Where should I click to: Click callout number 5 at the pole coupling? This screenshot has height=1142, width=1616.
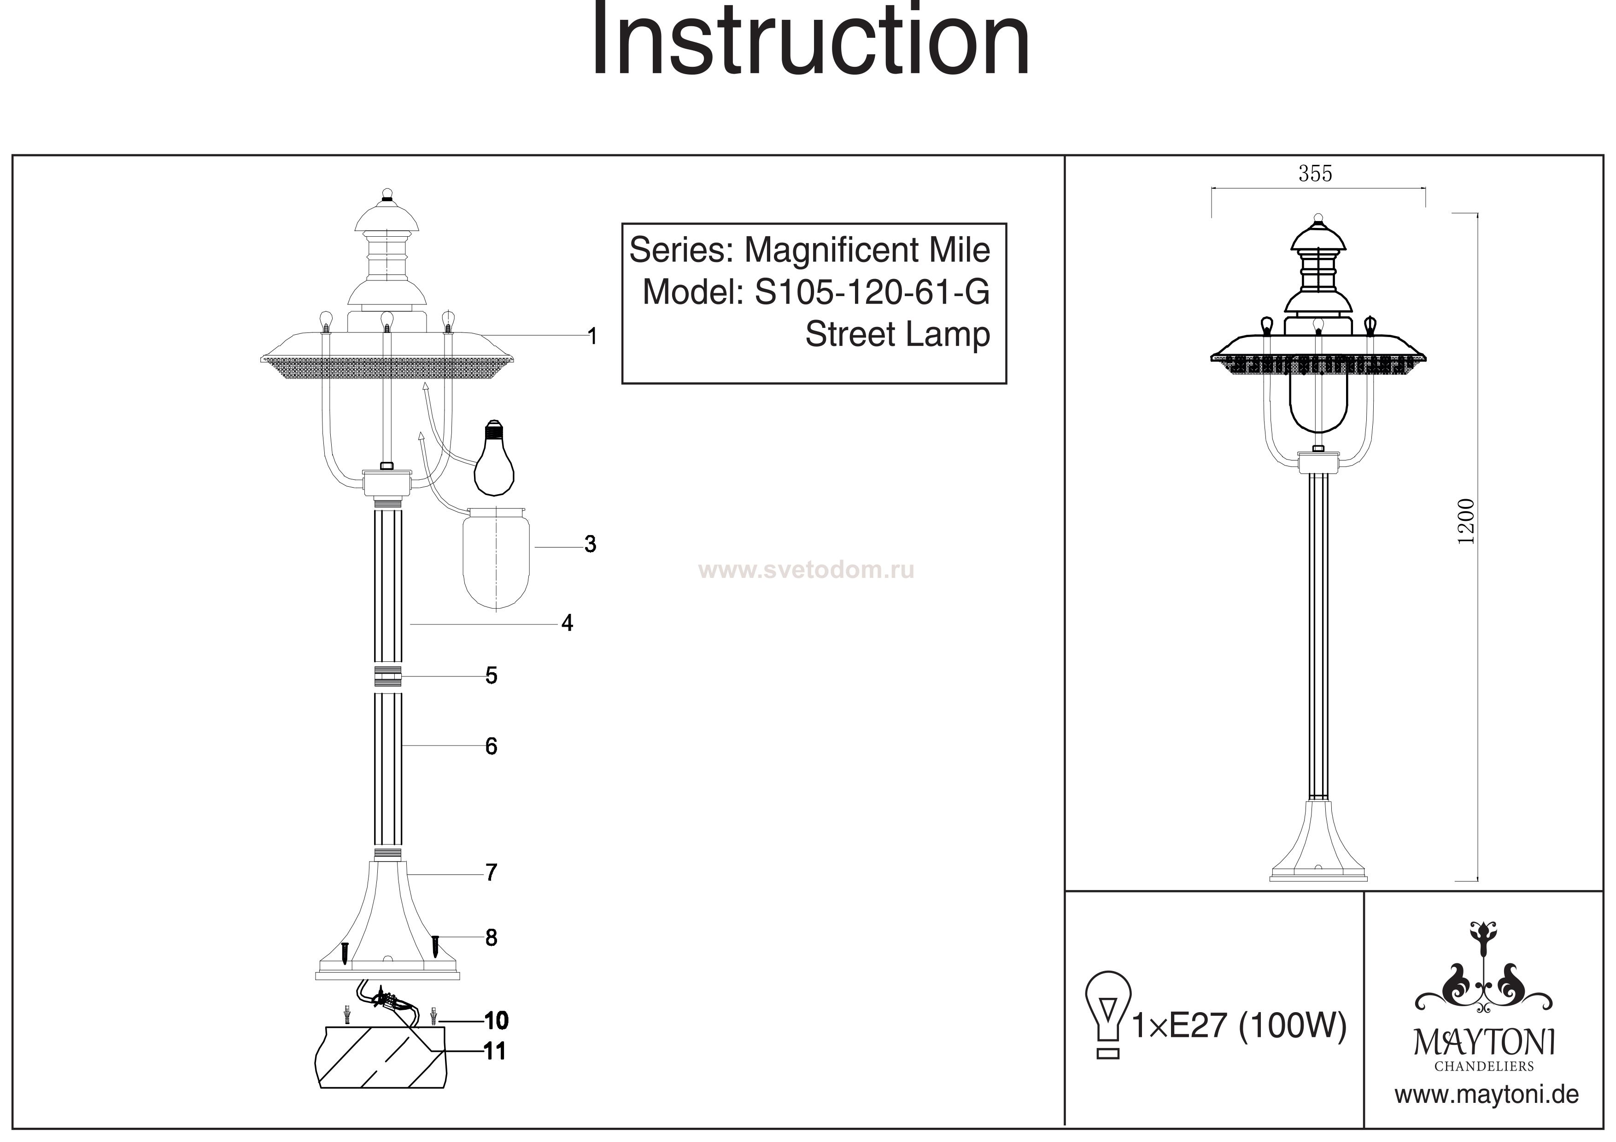tap(491, 676)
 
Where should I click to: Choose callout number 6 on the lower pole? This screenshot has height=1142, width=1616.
tap(491, 746)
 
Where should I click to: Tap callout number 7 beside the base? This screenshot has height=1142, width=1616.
tap(491, 873)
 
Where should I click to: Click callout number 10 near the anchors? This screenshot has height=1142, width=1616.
tap(496, 1020)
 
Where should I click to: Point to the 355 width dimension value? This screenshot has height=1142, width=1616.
tap(1316, 173)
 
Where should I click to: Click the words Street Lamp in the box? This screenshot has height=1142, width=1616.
tap(897, 334)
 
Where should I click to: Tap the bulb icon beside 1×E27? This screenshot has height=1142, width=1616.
tap(1108, 1014)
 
